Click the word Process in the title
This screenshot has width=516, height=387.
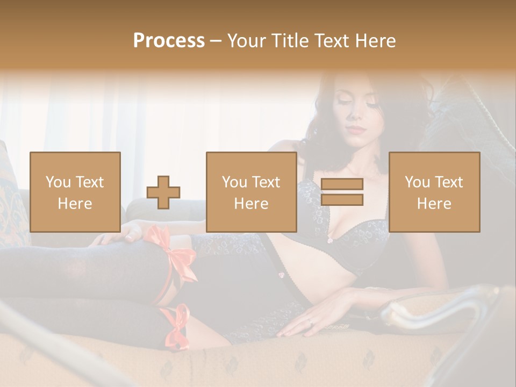169,41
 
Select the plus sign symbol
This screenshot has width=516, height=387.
163,192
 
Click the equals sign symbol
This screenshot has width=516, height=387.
342,192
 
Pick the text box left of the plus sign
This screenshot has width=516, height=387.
75,192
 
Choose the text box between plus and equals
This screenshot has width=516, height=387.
251,192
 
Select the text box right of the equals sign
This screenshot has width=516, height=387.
434,192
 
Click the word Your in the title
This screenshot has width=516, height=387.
246,41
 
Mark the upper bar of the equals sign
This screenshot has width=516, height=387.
342,184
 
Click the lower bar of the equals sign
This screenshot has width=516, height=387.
342,200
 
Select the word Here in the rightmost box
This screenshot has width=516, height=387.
434,203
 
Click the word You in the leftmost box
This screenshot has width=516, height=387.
58,182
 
